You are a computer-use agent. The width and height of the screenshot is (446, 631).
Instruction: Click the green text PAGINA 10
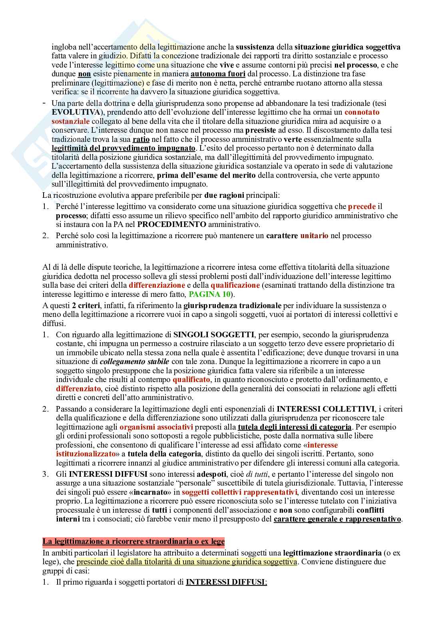pyautogui.click(x=209, y=294)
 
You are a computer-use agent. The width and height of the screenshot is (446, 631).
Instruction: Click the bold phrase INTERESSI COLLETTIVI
pyautogui.click(x=326, y=409)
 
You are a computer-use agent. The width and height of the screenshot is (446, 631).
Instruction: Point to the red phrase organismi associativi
pyautogui.click(x=156, y=427)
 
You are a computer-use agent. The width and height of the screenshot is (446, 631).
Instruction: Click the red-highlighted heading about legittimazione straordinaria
pyautogui.click(x=133, y=542)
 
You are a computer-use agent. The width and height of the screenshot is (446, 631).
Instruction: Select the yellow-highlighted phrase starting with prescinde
pyautogui.click(x=187, y=561)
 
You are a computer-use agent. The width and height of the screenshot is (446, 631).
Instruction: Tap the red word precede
pyautogui.click(x=362, y=207)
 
